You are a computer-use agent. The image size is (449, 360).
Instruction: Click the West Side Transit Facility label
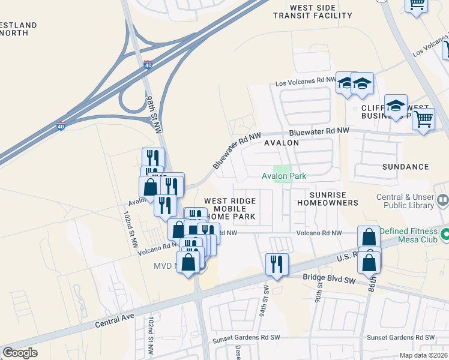tap(312, 11)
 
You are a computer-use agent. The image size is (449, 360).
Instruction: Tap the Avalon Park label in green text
tap(284, 176)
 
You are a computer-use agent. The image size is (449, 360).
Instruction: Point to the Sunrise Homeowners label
tap(327, 199)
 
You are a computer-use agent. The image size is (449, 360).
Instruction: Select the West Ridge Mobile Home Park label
tap(230, 208)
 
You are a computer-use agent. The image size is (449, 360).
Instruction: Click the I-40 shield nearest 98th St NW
tap(148, 64)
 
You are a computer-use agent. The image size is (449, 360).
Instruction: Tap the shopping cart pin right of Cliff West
tap(423, 119)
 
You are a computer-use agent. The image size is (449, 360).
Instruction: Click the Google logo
tap(20, 353)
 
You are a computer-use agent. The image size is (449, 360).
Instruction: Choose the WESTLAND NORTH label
tap(18, 29)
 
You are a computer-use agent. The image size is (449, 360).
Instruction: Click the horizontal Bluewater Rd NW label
tap(318, 131)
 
